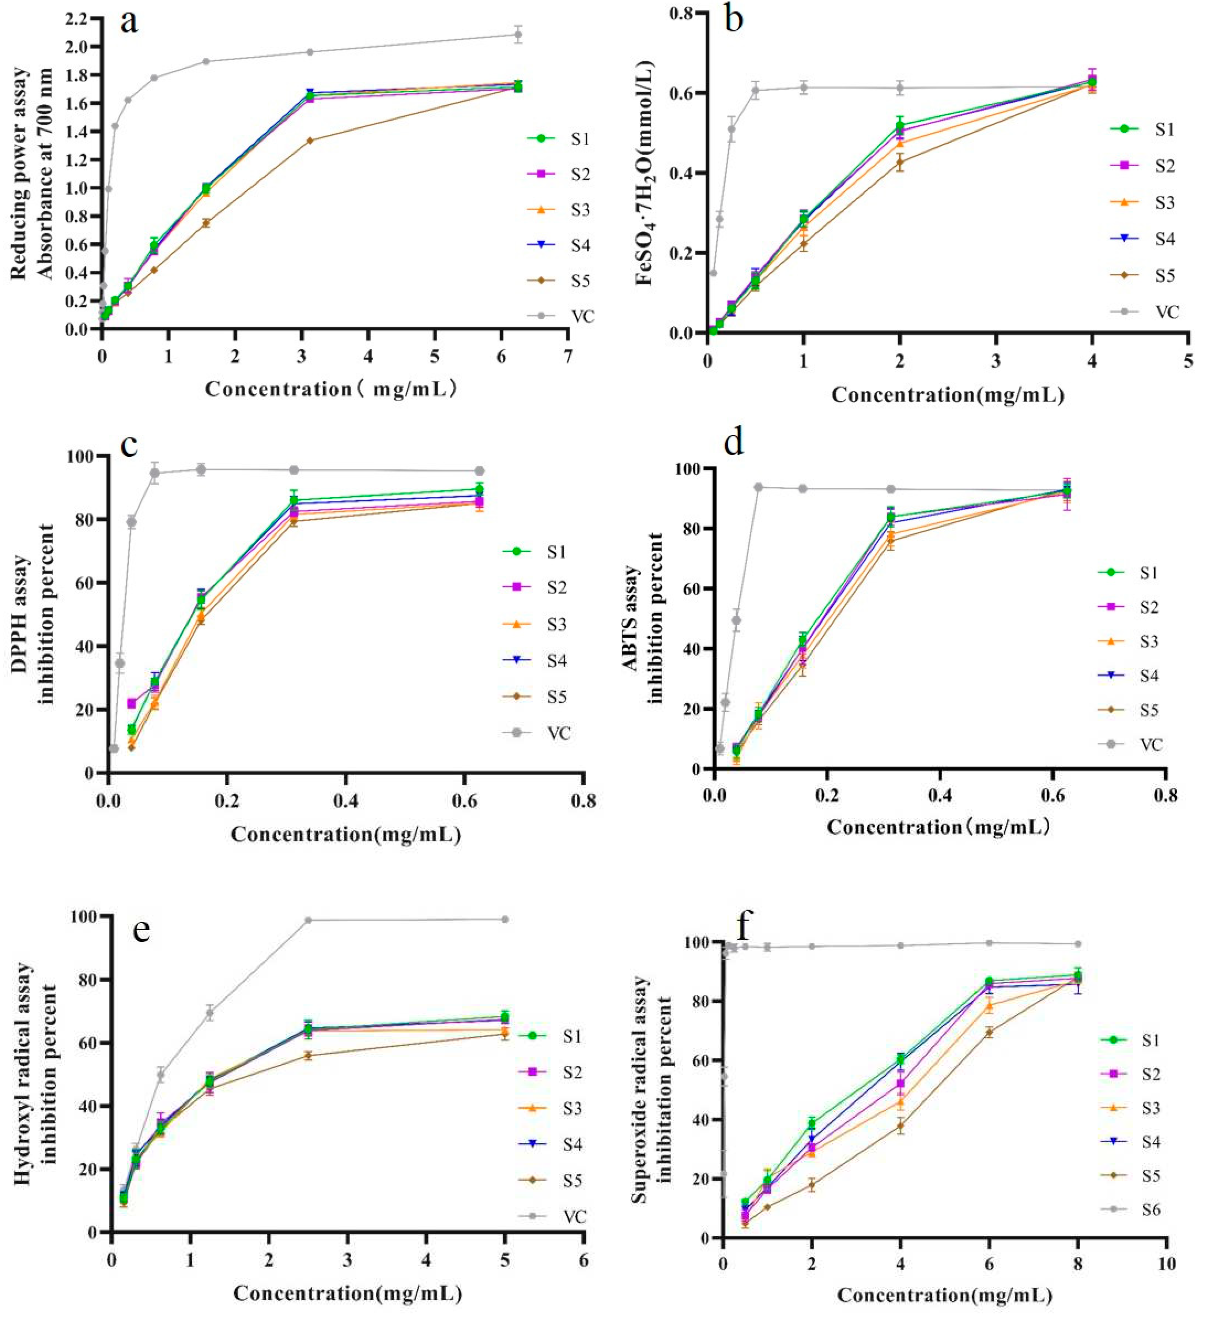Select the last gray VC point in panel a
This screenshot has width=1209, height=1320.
(x=518, y=35)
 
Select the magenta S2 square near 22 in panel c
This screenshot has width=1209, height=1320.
(x=132, y=703)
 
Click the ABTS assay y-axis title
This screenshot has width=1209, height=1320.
(x=645, y=619)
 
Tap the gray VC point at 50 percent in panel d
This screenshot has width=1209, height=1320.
(x=736, y=620)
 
